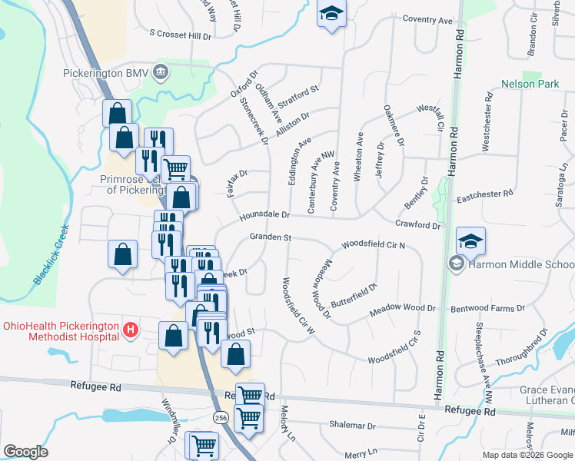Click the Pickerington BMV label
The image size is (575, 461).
point(105,73)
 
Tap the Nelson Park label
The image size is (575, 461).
point(530,84)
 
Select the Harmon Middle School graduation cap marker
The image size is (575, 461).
point(470,241)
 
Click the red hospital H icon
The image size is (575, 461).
point(131,330)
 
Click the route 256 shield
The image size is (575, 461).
point(221,415)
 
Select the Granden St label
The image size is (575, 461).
point(269,237)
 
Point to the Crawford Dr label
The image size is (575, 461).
point(418,225)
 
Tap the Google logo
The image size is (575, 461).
point(25,452)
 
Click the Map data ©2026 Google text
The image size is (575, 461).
point(527,455)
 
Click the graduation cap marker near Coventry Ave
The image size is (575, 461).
point(332,15)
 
